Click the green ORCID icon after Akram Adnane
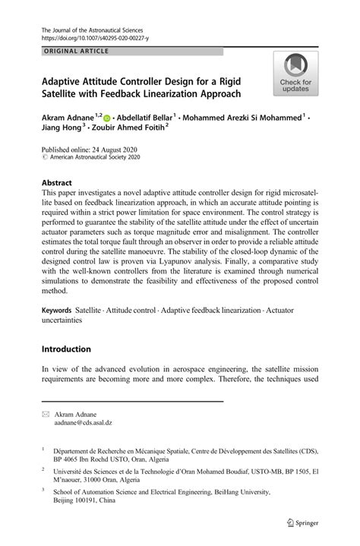tap(106, 118)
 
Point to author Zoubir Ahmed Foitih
tap(139, 130)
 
